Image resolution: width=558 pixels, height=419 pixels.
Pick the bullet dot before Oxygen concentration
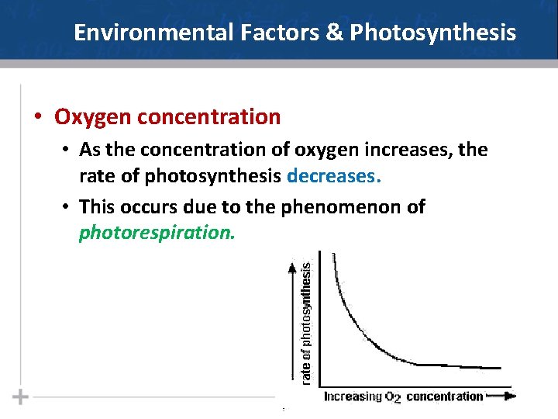(37, 118)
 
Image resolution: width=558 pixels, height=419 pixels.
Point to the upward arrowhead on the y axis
(291, 269)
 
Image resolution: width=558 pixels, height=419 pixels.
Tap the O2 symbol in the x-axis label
(393, 397)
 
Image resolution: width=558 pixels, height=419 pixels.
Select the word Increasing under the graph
(353, 396)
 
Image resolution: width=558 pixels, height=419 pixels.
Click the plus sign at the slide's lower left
(21, 397)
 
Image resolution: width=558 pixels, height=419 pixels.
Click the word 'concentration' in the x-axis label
(444, 396)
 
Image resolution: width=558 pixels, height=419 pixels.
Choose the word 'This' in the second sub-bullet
(97, 207)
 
